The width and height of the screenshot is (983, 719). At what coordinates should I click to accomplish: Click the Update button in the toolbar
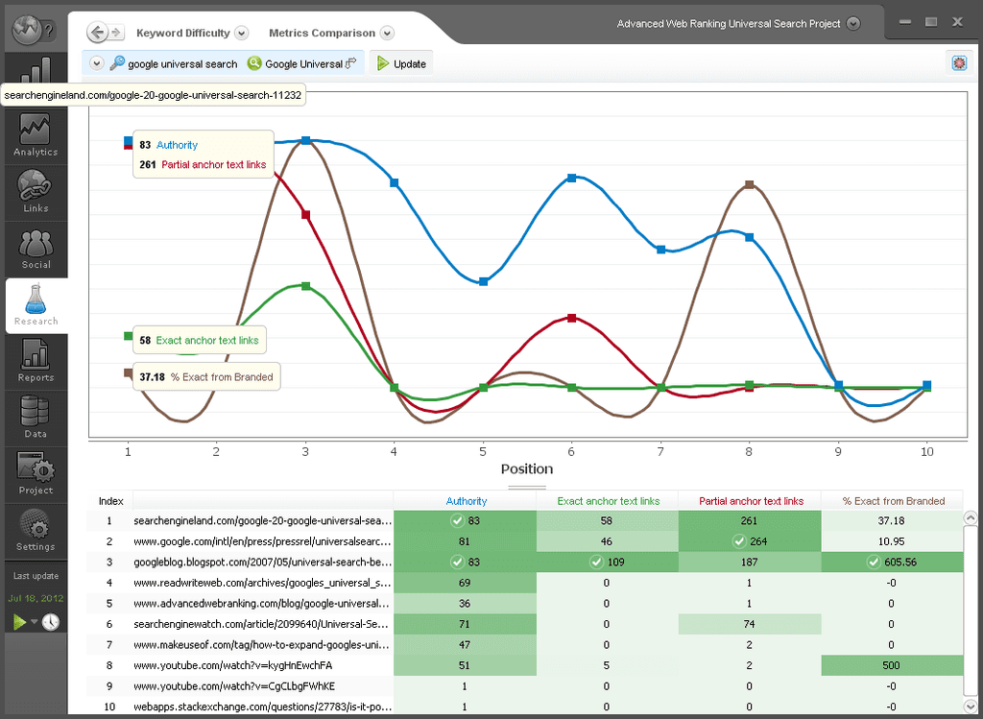point(401,63)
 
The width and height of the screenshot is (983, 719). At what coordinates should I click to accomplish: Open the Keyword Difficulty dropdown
point(241,33)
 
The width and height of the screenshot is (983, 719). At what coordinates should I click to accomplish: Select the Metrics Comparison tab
point(323,33)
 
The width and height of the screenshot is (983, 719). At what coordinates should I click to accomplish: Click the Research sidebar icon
point(36,305)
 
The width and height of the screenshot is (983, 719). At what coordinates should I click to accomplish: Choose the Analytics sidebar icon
point(36,135)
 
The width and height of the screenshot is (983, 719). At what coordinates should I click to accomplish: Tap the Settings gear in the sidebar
point(36,530)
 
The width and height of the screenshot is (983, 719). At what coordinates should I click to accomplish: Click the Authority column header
point(466,501)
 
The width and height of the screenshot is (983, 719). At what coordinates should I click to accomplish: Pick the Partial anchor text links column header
point(751,501)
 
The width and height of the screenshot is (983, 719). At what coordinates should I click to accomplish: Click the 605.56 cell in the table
point(893,562)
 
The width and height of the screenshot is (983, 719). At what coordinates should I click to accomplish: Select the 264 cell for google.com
point(751,541)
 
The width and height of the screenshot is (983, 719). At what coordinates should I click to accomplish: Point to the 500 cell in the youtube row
point(893,665)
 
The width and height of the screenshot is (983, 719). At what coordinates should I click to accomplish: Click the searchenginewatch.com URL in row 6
point(262,624)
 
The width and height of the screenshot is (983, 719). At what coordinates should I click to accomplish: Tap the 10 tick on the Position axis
point(927,449)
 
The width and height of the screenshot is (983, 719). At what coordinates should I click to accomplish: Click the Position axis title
point(527,469)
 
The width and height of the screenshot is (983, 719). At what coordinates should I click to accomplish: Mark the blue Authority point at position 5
point(483,281)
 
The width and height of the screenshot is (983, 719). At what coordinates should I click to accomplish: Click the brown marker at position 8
point(749,183)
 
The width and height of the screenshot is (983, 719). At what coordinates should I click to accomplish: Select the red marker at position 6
point(572,317)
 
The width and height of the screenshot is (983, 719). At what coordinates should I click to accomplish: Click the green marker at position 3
point(305,286)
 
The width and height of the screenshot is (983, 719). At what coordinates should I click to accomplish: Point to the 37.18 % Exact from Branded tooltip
point(204,377)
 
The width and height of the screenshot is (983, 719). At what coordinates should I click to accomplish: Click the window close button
point(957,21)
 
